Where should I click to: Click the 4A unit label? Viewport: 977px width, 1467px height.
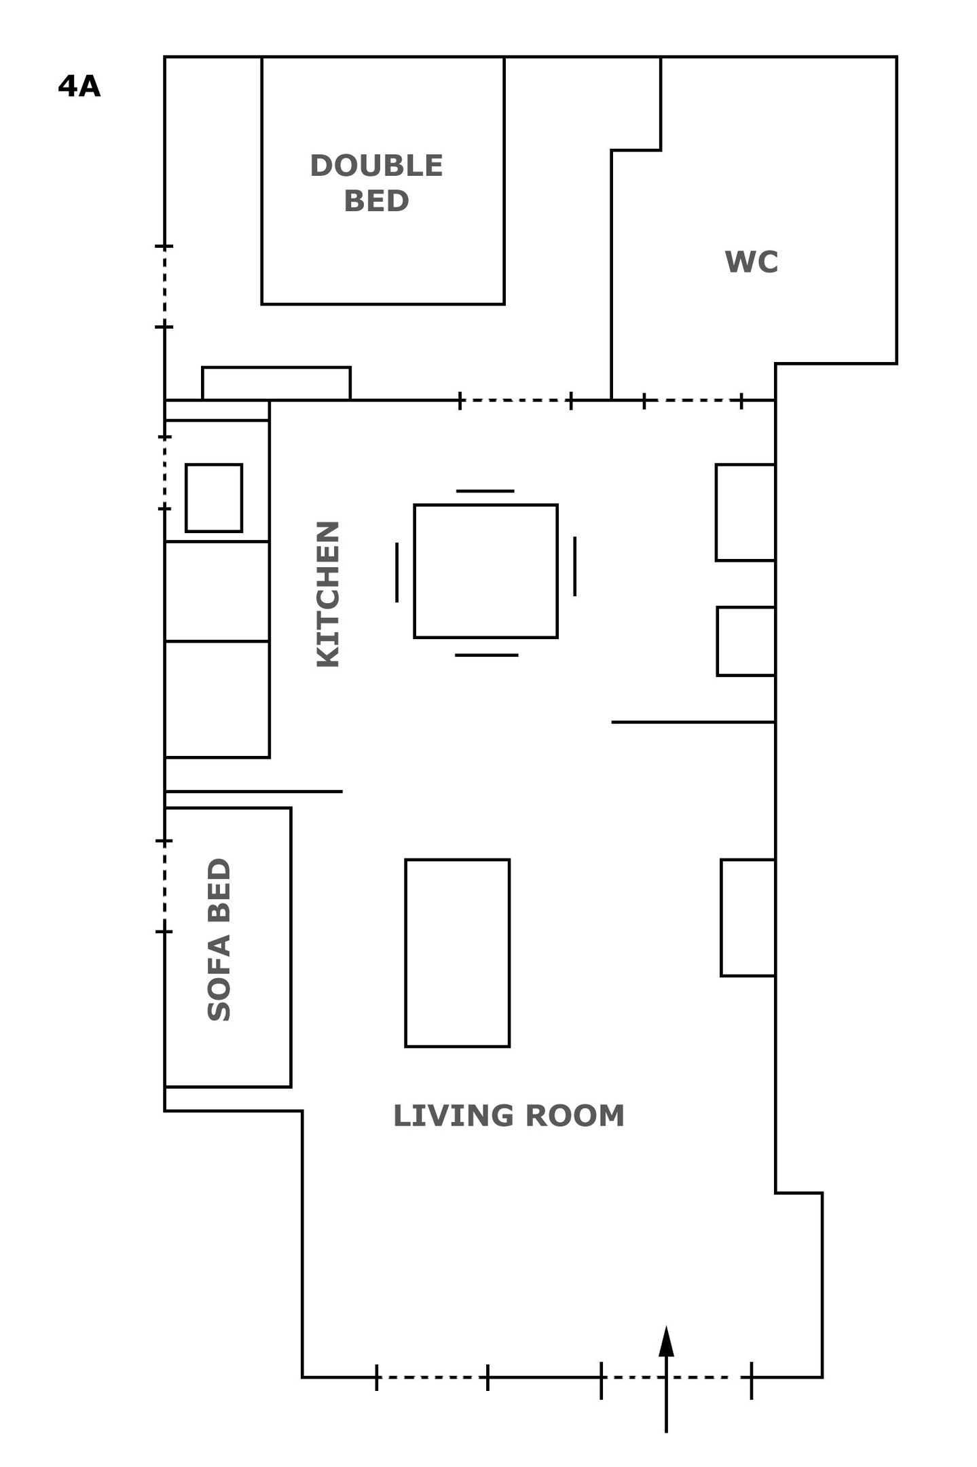79,87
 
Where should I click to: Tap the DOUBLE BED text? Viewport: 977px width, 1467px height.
376,183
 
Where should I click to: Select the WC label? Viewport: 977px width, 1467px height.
751,262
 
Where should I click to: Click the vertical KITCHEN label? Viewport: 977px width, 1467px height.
328,594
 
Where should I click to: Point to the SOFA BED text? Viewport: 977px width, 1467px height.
219,940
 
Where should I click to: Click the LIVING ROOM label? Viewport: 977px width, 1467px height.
509,1116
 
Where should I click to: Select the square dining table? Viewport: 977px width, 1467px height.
485,571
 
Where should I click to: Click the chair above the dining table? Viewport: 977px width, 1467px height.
485,490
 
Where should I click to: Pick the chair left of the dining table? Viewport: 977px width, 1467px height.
397,573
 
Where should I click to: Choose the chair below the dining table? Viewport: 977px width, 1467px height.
486,655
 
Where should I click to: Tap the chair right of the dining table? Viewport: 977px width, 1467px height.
574,566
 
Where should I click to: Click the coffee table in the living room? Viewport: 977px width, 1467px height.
457,954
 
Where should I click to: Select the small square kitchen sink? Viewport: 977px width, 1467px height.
214,498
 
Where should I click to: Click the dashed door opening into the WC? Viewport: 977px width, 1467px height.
693,401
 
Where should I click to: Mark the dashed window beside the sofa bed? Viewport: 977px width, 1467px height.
164,886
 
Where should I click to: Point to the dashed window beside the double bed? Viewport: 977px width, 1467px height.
164,286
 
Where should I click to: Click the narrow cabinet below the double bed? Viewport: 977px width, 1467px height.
276,384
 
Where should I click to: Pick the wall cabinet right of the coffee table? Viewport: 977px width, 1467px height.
748,918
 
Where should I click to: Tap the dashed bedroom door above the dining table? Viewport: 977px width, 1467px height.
515,401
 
